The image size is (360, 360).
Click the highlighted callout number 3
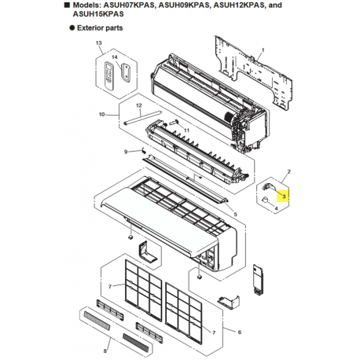(x=284, y=197)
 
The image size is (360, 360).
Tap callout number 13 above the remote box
(x=99, y=42)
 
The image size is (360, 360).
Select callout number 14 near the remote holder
(x=115, y=57)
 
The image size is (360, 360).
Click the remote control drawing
(x=109, y=75)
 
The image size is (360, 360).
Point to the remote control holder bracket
(x=126, y=73)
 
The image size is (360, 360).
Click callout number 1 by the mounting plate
(x=263, y=50)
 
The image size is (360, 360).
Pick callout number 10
(x=102, y=115)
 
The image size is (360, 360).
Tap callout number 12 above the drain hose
(x=139, y=105)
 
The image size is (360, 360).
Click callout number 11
(x=186, y=130)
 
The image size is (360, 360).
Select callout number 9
(x=126, y=152)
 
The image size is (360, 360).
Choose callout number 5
(x=235, y=215)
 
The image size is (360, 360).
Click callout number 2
(x=289, y=171)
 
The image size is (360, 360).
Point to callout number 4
(x=276, y=208)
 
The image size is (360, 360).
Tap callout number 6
(x=240, y=332)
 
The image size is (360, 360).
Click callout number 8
(x=105, y=351)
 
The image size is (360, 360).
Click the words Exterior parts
(x=100, y=28)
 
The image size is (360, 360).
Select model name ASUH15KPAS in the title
(x=98, y=14)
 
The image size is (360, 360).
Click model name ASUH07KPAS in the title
(x=129, y=6)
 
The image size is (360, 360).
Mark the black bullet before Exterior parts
(x=72, y=28)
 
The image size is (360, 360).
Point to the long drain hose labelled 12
(x=142, y=117)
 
